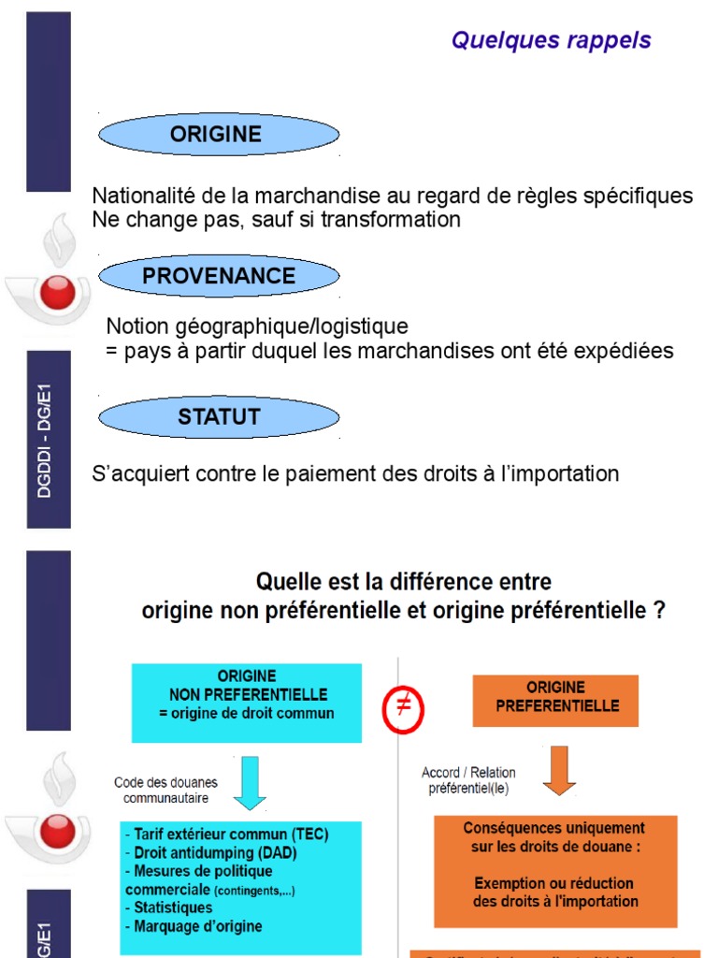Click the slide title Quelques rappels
coord(551,40)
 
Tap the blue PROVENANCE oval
coord(219,276)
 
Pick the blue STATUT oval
coord(219,416)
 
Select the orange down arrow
coord(559,771)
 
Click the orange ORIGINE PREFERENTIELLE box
coord(556,698)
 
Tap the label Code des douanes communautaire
coord(166,790)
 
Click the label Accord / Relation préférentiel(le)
coord(468,780)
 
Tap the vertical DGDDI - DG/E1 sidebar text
coord(47,440)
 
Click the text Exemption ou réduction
coord(554,883)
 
